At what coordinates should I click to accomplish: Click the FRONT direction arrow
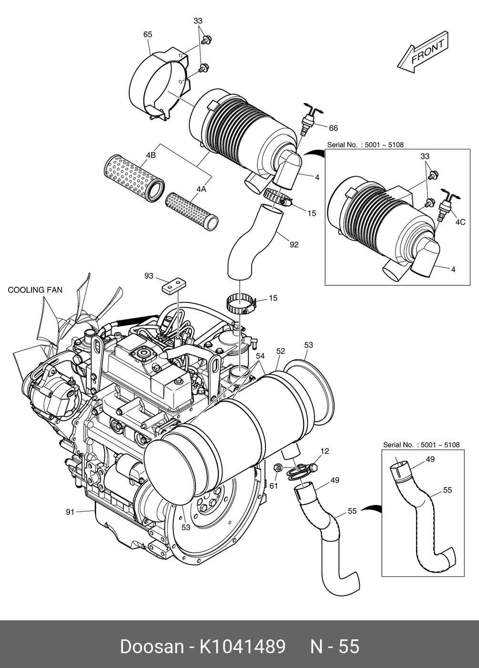pos(422,53)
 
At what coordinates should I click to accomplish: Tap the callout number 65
pos(148,34)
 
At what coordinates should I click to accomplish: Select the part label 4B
pos(151,155)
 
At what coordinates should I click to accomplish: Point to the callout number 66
pos(333,128)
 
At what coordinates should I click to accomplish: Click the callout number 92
pos(294,245)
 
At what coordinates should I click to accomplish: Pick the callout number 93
pos(149,276)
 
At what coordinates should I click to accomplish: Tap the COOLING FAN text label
pos(35,290)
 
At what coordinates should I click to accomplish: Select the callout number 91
pos(70,512)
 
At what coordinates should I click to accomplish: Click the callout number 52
pos(281,351)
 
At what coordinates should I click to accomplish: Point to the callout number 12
pos(325,451)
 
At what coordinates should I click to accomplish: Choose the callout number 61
pos(274,486)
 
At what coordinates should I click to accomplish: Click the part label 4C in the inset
pos(460,222)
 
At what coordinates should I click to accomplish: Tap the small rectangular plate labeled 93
pos(173,285)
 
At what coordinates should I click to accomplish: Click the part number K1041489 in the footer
pos(242,647)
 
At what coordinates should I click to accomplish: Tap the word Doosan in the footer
pos(152,647)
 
